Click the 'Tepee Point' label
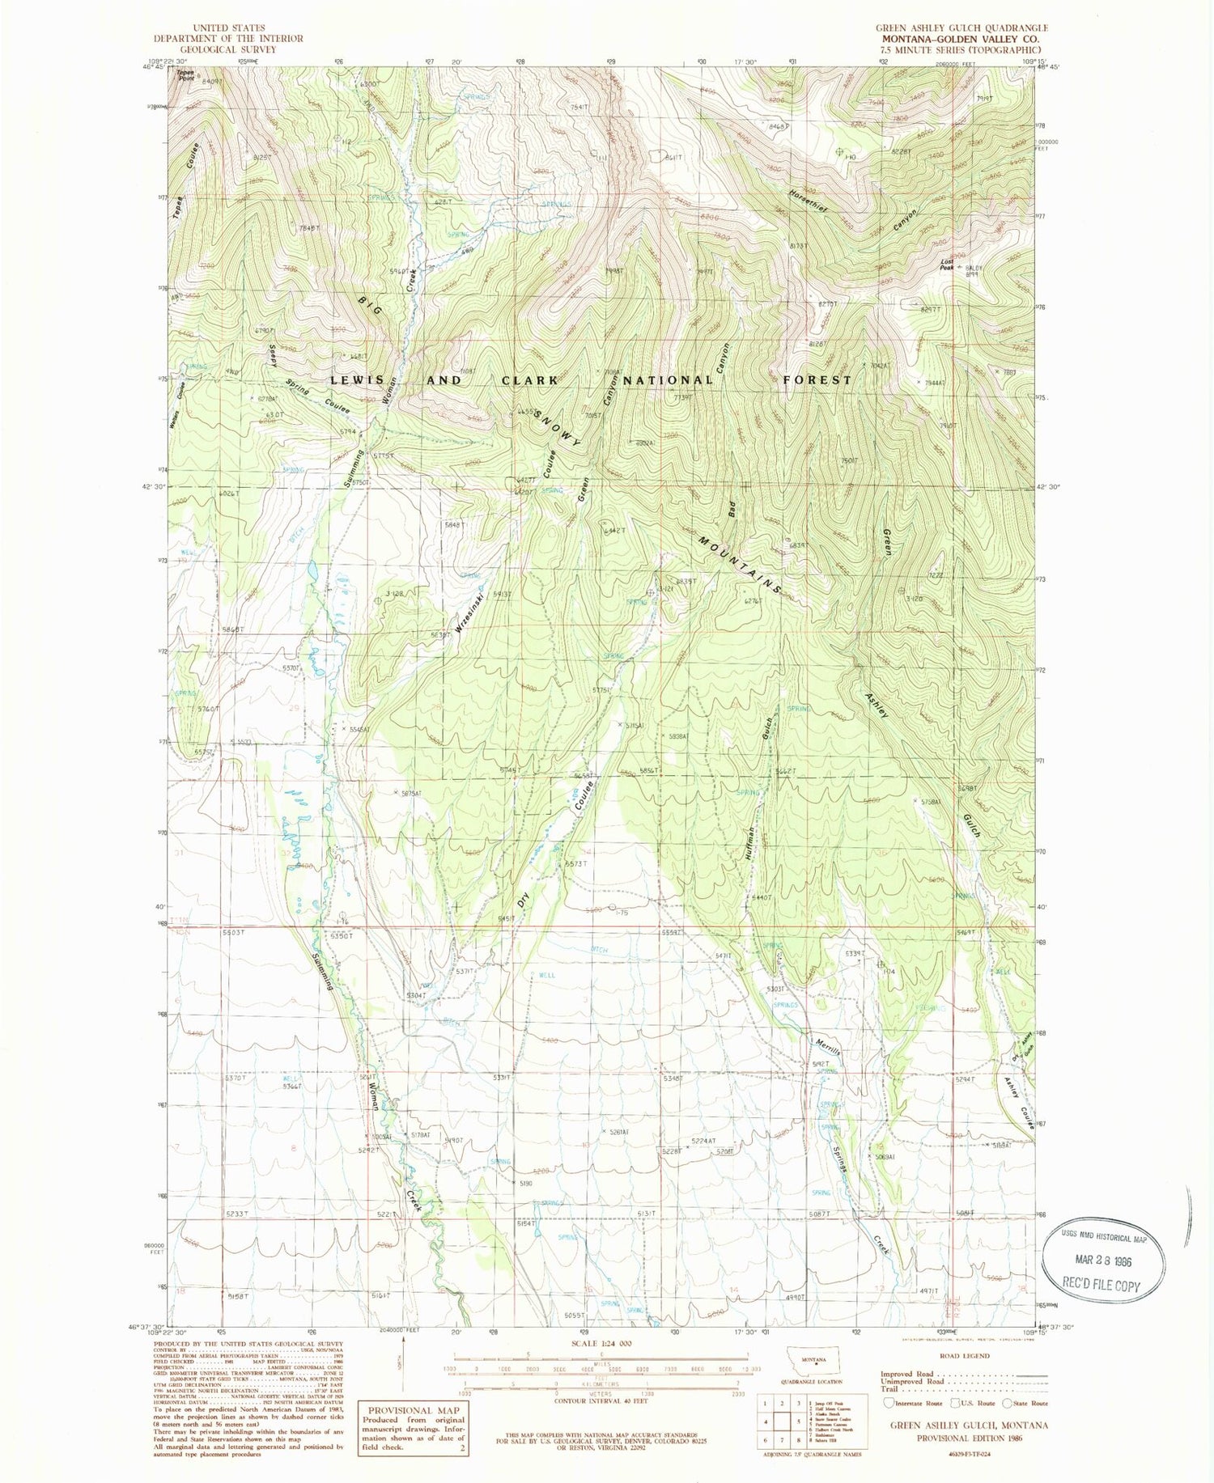pyautogui.click(x=186, y=75)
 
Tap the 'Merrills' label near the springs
pyautogui.click(x=830, y=1054)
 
